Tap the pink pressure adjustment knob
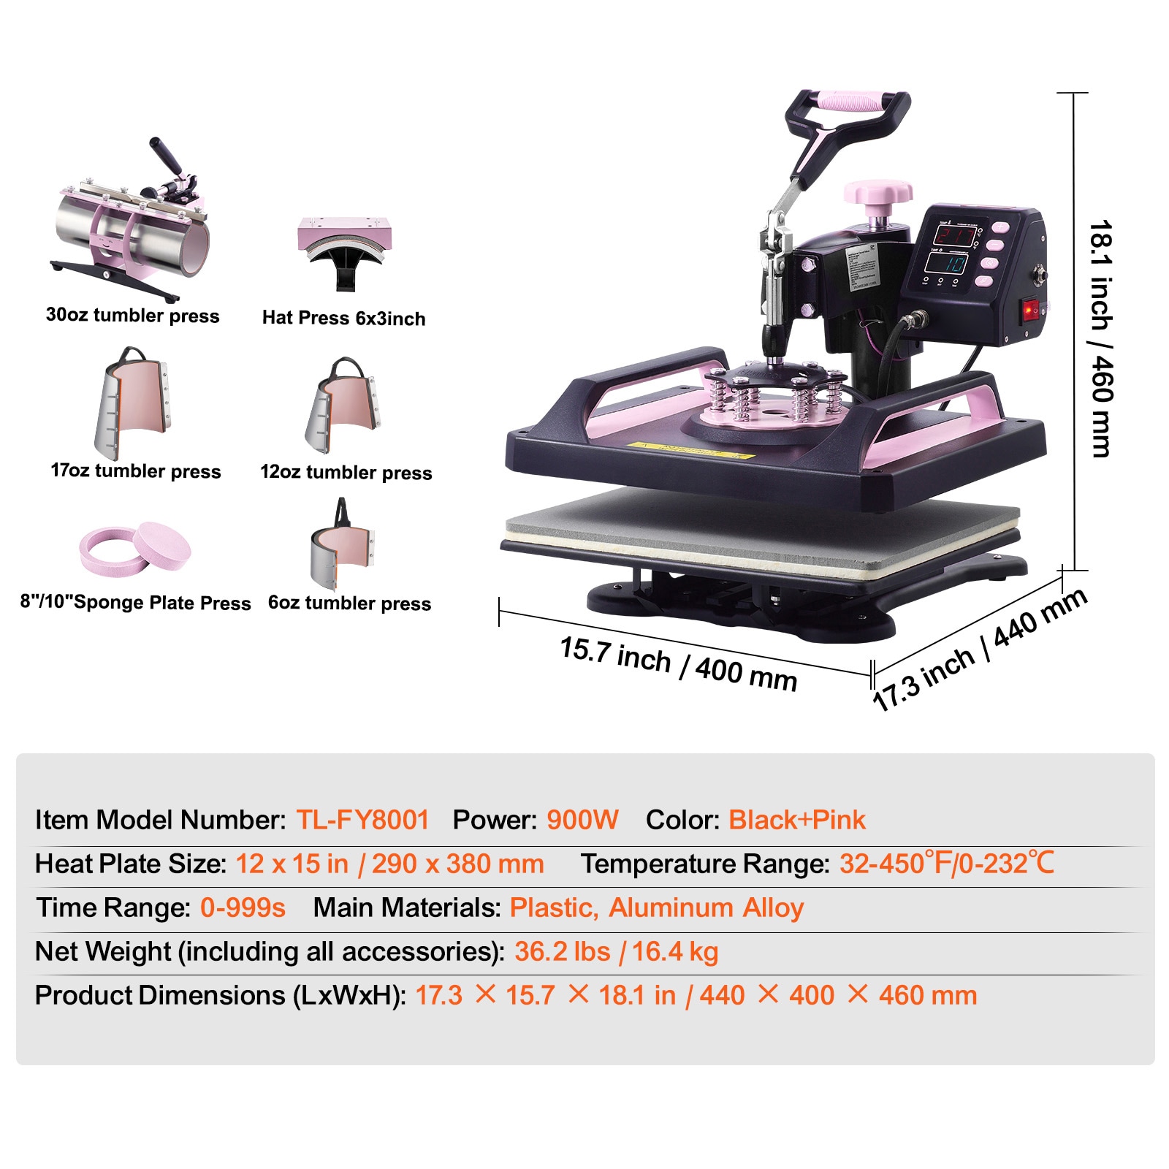pyautogui.click(x=878, y=194)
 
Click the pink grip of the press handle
pyautogui.click(x=850, y=100)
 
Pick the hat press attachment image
pyautogui.click(x=344, y=248)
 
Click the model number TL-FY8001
pyautogui.click(x=362, y=820)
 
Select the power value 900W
pyautogui.click(x=582, y=820)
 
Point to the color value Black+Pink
pyautogui.click(x=797, y=820)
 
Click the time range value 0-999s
pyautogui.click(x=243, y=907)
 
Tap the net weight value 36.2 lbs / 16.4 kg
pyautogui.click(x=616, y=951)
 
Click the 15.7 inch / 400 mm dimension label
pyautogui.click(x=678, y=663)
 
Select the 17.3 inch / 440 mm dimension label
pyautogui.click(x=980, y=649)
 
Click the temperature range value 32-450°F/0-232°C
pyautogui.click(x=947, y=864)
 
